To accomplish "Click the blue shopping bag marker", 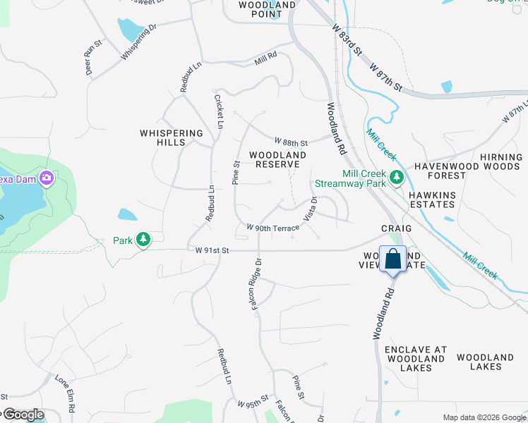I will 392,258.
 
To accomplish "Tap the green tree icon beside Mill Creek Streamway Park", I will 397,177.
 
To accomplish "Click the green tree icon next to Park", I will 143,240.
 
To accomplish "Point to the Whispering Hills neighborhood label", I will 172,137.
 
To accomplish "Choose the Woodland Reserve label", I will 273,159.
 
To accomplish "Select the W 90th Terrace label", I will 273,228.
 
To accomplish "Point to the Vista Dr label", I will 311,209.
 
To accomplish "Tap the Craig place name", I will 397,229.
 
